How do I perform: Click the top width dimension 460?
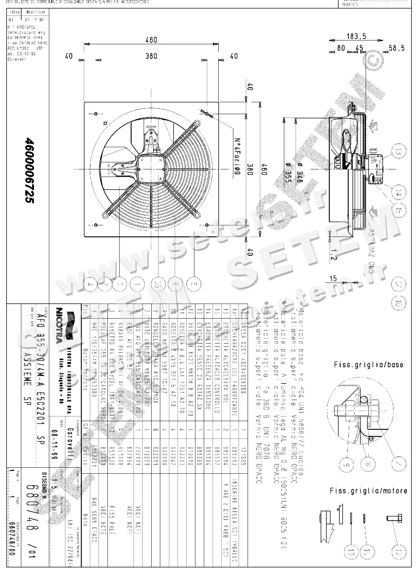coord(151,39)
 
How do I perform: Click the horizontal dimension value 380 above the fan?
coord(151,56)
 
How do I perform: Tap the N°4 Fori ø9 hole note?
coord(236,156)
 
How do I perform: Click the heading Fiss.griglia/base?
coord(369,364)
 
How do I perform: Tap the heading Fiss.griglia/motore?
coord(369,490)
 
